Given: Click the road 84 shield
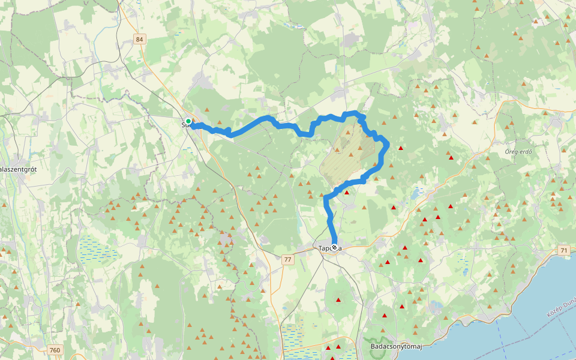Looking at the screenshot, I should [140, 39].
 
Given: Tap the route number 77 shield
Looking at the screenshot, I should [288, 259].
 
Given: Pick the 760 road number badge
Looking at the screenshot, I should [55, 350].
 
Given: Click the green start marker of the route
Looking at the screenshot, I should [188, 121].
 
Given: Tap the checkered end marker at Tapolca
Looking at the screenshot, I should [334, 247].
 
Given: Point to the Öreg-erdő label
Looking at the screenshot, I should [518, 151].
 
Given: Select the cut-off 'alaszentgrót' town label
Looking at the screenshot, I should [19, 170].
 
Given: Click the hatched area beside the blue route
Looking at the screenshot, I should [344, 156].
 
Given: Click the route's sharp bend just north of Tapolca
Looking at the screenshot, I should [327, 198].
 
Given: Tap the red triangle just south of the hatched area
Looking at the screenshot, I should [346, 193].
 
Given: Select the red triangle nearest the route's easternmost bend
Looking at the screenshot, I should [400, 148].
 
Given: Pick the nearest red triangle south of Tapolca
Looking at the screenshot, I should [338, 300].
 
